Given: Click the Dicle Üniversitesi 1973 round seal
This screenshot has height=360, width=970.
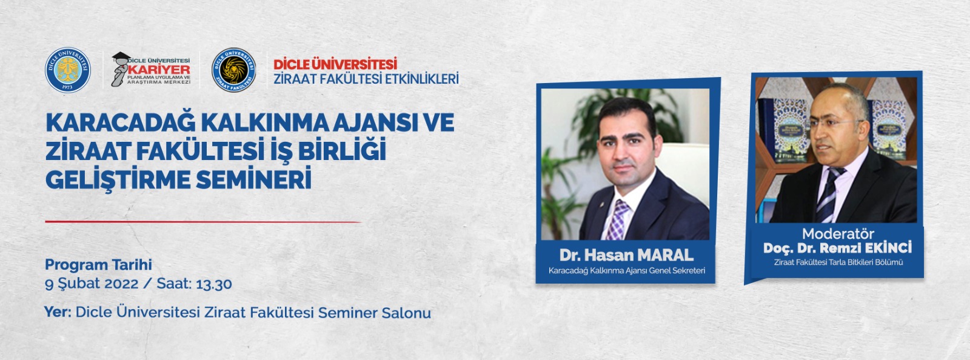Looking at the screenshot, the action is coord(68,70).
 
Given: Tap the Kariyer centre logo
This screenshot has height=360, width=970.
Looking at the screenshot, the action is coord(151,69).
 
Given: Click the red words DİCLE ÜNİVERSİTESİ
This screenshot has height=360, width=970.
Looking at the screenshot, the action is coord(335,64).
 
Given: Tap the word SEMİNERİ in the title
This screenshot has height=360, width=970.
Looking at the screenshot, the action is coord(254,179).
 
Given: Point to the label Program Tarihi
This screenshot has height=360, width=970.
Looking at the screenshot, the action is coord(98,264).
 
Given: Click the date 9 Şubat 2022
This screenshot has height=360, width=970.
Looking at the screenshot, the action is coord(92,284).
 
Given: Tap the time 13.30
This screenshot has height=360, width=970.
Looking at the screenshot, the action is coord(214,284).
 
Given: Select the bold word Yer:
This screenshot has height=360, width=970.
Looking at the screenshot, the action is coord(58,312).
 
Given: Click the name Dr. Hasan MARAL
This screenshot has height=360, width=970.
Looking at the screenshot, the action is coord(626,255).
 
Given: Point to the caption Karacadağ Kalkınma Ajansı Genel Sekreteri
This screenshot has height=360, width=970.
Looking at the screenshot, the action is coord(627,271).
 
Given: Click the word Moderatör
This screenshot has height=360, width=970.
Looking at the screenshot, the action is coord(838,234).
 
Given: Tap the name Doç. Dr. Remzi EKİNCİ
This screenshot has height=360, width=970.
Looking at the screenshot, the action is coord(837,247).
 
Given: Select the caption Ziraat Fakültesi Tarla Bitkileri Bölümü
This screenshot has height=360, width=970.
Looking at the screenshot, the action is coord(838,262).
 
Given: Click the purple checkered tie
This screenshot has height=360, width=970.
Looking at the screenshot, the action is coord(618,220).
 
